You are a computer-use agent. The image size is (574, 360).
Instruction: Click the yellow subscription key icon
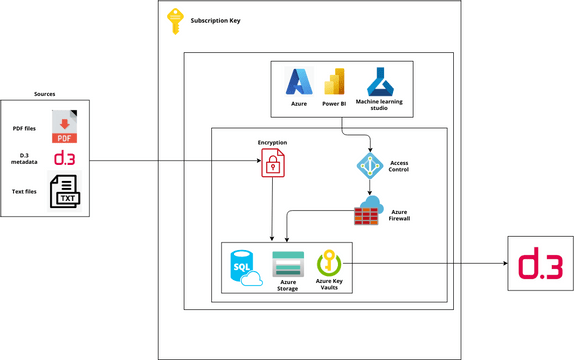tap(174, 21)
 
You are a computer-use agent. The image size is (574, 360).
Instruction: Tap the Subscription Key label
tap(215, 20)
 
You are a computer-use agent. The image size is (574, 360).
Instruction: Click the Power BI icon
tap(335, 82)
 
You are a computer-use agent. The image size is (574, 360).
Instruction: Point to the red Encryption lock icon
tap(272, 164)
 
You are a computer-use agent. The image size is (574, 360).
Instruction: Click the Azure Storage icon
tap(287, 264)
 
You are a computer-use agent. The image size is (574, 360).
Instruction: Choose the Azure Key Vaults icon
tap(329, 263)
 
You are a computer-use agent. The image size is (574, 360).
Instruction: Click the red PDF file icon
tap(65, 129)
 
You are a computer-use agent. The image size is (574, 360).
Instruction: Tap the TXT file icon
tap(65, 192)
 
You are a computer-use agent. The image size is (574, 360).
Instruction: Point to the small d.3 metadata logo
tap(64, 159)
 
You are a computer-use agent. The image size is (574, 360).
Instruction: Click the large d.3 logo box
tap(540, 266)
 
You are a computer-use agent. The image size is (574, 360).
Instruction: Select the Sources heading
tap(45, 93)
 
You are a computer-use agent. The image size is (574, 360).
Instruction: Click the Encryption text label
tap(272, 142)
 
